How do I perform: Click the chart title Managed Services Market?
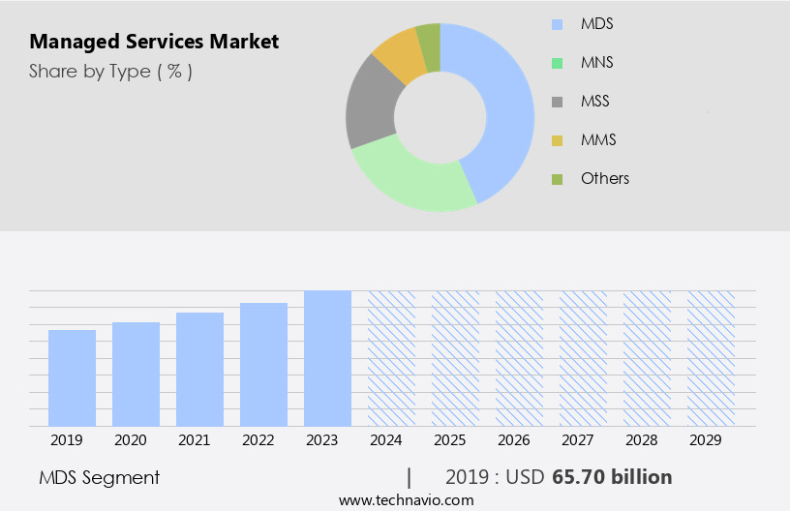coord(154,42)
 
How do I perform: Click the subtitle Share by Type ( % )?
coord(110,71)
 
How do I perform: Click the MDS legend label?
coord(596,23)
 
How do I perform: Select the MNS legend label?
coord(596,62)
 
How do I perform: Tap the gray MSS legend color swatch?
coord(557,102)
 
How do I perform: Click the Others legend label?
coord(604,178)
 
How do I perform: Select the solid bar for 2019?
coord(72,377)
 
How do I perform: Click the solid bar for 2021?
coord(199,369)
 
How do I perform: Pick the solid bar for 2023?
coord(327,358)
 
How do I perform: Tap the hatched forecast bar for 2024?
coord(391,358)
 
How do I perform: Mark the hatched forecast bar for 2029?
coord(711,358)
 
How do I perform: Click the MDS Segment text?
coord(100,477)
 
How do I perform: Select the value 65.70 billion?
coord(612,477)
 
